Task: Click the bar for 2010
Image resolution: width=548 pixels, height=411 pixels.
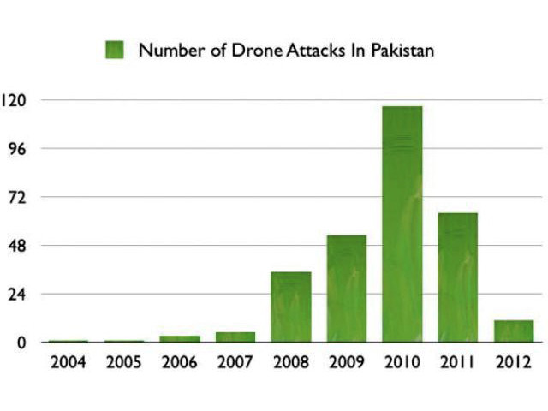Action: click(402, 224)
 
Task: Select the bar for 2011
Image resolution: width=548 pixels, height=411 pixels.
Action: click(457, 277)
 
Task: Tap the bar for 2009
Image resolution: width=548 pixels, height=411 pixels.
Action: click(346, 289)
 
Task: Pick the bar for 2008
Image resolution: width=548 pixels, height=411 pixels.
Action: click(290, 307)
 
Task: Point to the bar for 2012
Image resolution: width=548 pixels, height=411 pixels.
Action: click(513, 331)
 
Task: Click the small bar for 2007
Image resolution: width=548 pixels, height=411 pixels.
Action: click(235, 337)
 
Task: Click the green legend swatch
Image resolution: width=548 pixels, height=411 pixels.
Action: click(115, 50)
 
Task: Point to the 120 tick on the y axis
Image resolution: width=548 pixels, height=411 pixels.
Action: click(16, 100)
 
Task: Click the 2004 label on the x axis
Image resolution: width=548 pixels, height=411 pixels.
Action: click(68, 363)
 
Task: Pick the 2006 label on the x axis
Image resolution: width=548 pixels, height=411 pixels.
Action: click(179, 363)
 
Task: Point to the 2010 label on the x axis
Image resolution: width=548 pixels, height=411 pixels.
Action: click(402, 363)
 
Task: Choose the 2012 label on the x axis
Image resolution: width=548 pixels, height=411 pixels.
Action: click(513, 363)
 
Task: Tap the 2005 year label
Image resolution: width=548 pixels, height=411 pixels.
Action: click(123, 363)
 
